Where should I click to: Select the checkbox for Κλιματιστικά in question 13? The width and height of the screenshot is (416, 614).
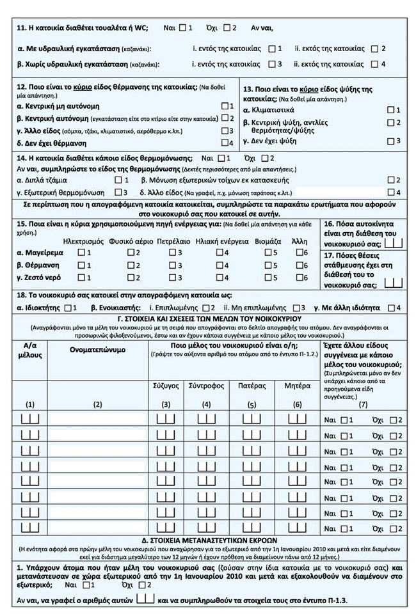390,110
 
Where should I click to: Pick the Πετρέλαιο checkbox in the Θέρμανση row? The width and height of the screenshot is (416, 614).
172,265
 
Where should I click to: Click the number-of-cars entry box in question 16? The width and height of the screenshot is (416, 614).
397,242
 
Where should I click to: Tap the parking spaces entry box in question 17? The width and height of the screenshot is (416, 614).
397,281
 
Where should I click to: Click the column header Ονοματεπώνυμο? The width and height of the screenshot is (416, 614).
98,350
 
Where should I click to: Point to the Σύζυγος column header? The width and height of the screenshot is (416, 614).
166,386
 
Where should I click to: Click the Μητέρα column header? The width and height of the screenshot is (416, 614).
296,386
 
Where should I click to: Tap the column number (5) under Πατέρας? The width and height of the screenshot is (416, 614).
251,404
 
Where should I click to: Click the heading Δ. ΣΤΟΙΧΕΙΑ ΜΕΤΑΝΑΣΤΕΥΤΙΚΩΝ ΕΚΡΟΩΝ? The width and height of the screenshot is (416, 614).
209,540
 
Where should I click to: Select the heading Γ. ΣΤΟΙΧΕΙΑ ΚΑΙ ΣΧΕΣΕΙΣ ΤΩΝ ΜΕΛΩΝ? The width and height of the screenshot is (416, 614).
209,319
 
